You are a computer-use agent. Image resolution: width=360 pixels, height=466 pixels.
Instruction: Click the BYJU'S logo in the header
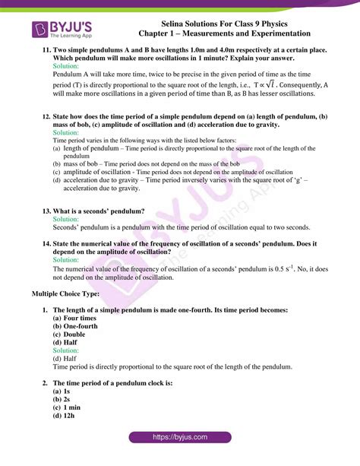[x=62, y=30]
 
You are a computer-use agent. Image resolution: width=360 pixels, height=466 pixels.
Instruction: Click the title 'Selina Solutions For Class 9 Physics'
[x=225, y=24]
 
